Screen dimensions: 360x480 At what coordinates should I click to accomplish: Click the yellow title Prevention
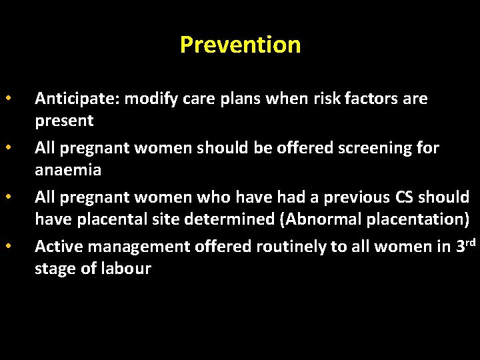click(x=240, y=45)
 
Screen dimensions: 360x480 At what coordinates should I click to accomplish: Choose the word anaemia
click(x=68, y=170)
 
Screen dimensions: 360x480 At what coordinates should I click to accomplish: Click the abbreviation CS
click(x=403, y=197)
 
